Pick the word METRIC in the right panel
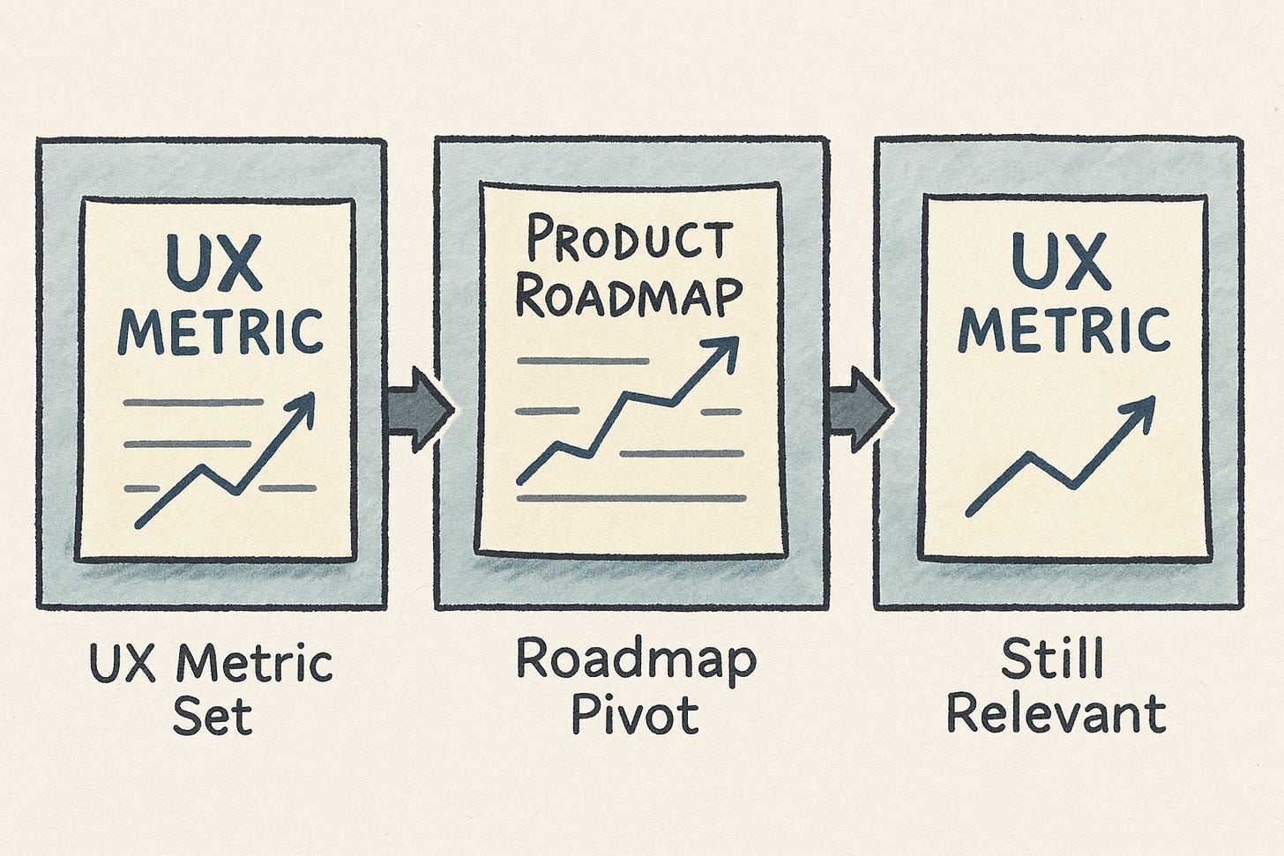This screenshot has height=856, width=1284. (x=1064, y=330)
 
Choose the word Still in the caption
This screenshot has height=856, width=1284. (x=1052, y=661)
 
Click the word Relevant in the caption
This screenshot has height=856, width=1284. (x=1056, y=714)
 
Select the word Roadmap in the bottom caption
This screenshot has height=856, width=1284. (x=636, y=661)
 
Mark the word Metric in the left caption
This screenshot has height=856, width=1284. (x=250, y=663)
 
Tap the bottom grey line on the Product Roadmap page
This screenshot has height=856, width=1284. (x=630, y=499)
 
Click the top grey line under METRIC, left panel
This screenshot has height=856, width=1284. (x=194, y=403)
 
